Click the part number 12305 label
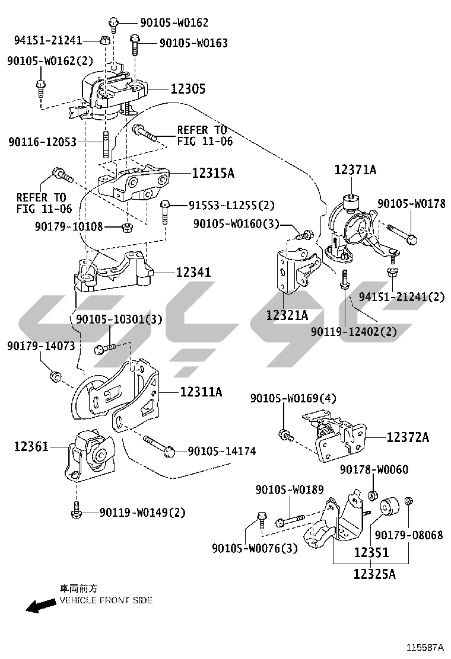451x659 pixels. tap(188, 89)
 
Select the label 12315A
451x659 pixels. tap(212, 173)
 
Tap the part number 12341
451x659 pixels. tap(193, 273)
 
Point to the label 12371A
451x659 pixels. tap(355, 170)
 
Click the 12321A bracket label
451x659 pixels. tap(287, 315)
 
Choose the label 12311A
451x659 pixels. tap(201, 392)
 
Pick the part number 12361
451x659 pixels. tap(31, 446)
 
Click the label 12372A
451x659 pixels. tap(408, 437)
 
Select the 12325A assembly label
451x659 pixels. tap(374, 574)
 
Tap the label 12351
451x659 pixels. tap(371, 553)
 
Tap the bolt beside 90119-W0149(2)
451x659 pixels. tap(76, 511)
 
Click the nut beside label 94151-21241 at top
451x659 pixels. tap(104, 40)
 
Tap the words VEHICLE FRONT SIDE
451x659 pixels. tap(106, 600)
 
